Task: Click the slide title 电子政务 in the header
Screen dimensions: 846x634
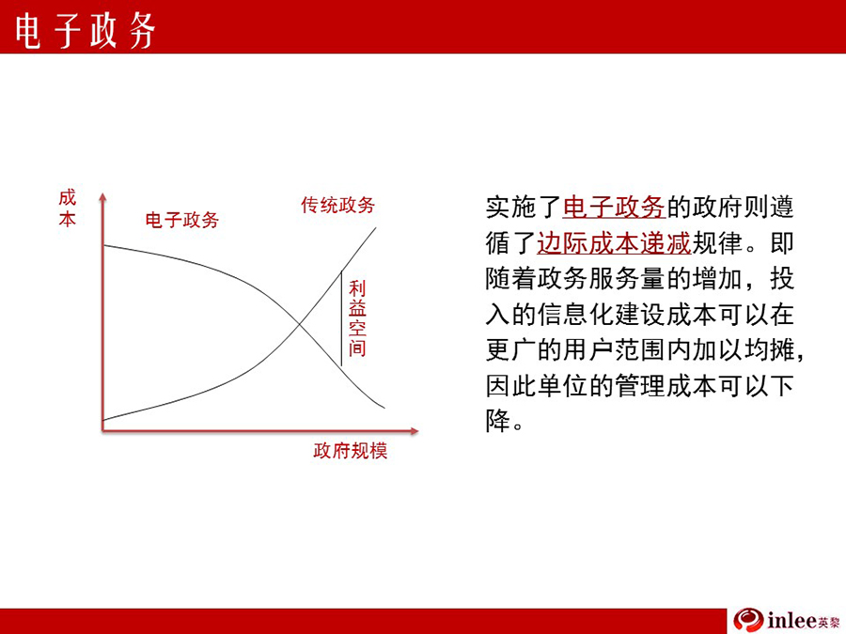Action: [86, 30]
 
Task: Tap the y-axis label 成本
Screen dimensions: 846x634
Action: [68, 209]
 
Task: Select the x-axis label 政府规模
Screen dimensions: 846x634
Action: [351, 451]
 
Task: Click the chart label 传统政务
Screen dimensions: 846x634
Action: [337, 205]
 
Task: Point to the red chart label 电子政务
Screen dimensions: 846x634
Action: [181, 220]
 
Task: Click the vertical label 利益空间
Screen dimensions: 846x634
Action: [357, 318]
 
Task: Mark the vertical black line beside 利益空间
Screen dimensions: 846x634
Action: [341, 318]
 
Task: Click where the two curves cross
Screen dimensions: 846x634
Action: [300, 323]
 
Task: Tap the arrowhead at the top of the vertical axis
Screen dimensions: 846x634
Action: [102, 197]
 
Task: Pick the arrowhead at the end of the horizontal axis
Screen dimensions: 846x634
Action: [414, 431]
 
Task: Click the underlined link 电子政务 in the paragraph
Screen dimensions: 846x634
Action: [614, 207]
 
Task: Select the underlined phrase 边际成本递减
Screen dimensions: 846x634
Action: [614, 242]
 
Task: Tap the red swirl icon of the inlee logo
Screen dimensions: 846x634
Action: [748, 620]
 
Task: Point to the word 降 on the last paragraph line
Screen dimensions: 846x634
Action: [497, 421]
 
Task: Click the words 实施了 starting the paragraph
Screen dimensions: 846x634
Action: [524, 207]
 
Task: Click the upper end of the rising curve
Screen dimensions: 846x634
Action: [375, 228]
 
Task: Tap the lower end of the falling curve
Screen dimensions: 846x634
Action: [384, 408]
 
